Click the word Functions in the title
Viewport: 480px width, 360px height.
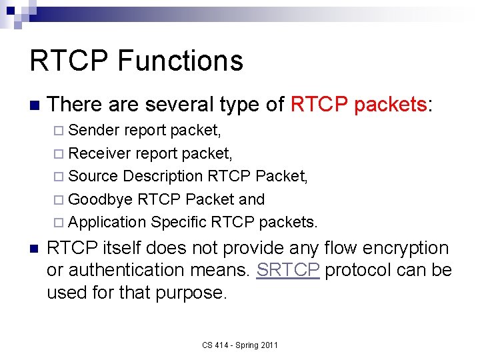point(180,61)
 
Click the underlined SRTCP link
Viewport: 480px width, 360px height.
point(288,270)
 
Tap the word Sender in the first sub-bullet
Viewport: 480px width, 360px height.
point(94,129)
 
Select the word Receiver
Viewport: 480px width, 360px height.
point(99,153)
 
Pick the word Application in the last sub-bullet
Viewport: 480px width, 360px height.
point(107,222)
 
